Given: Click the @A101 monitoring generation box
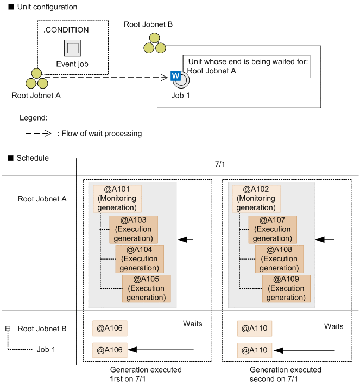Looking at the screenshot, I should (117, 198).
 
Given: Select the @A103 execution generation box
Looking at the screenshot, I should (133, 229).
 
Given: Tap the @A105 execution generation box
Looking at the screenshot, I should (146, 288).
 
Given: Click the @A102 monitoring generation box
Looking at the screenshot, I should (256, 198).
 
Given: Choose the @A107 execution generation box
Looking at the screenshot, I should (273, 229).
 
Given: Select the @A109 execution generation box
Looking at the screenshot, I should (286, 288).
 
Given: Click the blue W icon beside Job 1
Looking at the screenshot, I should (175, 75).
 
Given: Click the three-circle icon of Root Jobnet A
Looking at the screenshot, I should (36, 79).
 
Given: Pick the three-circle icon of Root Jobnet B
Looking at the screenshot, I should (154, 43).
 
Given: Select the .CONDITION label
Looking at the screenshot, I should (66, 30).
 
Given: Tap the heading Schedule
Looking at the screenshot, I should (32, 158).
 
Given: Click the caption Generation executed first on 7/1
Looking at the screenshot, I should (146, 374).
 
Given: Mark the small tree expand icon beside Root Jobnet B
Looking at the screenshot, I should (8, 329).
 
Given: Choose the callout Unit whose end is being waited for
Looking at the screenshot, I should (248, 66).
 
